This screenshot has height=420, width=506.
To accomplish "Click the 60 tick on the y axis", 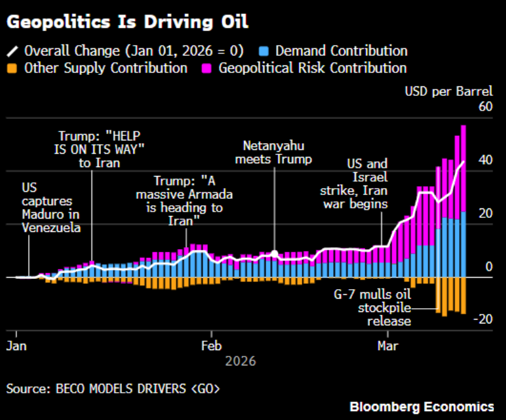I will click(x=485, y=106).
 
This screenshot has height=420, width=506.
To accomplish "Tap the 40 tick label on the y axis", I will click(x=485, y=159).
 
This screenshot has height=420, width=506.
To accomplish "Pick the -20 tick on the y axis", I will click(x=482, y=320).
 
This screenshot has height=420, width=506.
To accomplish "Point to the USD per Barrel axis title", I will click(x=449, y=91).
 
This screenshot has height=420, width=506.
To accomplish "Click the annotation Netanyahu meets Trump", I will click(x=274, y=151).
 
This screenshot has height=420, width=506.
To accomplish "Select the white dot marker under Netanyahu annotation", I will click(x=275, y=253).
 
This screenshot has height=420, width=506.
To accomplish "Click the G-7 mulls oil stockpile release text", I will click(x=373, y=308).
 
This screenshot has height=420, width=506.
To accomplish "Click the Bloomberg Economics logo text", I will click(x=421, y=407).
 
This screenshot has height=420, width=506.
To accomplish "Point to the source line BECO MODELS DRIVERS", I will click(x=114, y=388).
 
